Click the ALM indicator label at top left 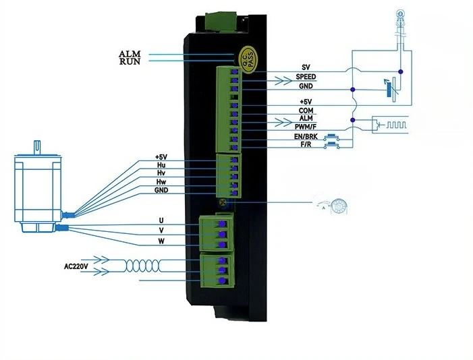pyautogui.click(x=129, y=54)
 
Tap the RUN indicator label pyautogui.click(x=129, y=62)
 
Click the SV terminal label pyautogui.click(x=306, y=67)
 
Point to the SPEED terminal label pyautogui.click(x=306, y=77)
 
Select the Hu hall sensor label pyautogui.click(x=161, y=164)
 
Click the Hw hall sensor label pyautogui.click(x=161, y=181)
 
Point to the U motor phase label pyautogui.click(x=161, y=220)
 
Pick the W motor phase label pyautogui.click(x=161, y=241)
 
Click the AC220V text pyautogui.click(x=78, y=265)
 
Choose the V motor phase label pyautogui.click(x=161, y=231)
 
